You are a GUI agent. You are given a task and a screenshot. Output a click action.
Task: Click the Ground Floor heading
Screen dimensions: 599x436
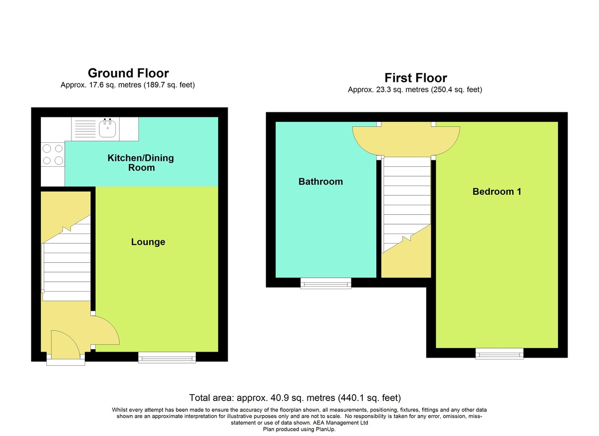[x=128, y=73]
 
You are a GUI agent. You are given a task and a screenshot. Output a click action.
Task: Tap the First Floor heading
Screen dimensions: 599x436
[x=415, y=78]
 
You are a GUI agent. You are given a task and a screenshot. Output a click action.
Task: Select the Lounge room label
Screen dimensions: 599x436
[x=148, y=242]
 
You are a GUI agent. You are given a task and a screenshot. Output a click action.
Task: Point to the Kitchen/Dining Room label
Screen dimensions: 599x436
[x=141, y=163]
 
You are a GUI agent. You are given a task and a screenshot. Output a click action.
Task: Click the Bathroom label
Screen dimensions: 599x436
[x=320, y=182]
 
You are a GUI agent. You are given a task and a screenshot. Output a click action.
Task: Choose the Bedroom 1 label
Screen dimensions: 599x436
[x=497, y=191]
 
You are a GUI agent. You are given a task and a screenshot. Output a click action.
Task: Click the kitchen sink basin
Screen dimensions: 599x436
[x=107, y=128]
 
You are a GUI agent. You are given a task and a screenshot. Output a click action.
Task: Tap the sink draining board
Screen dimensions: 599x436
[x=85, y=129]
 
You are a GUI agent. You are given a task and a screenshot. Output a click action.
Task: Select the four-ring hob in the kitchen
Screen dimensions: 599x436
[x=53, y=155]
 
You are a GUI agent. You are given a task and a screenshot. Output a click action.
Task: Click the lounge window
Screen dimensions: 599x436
[x=167, y=358]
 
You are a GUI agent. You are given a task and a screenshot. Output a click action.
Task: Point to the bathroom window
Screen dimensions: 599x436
[x=325, y=283]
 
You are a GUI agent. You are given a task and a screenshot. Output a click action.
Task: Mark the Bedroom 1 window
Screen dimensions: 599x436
[x=499, y=354]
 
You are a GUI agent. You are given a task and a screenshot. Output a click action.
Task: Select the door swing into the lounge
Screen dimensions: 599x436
[x=106, y=330]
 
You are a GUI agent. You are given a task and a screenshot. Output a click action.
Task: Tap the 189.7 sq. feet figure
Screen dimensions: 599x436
[x=169, y=85]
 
